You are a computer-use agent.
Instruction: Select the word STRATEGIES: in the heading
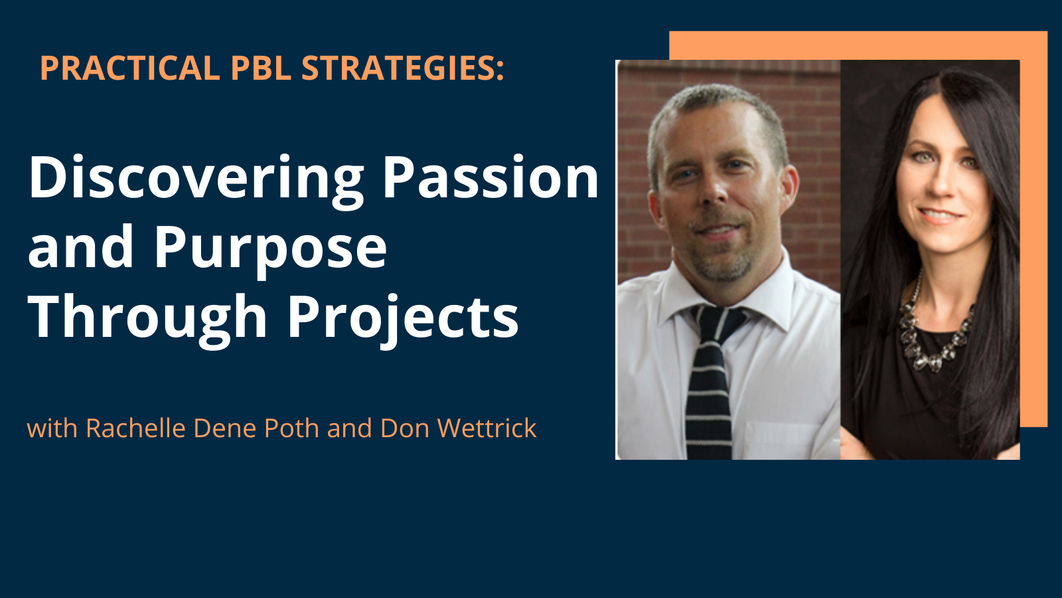coord(403,68)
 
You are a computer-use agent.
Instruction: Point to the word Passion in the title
coord(491,178)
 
